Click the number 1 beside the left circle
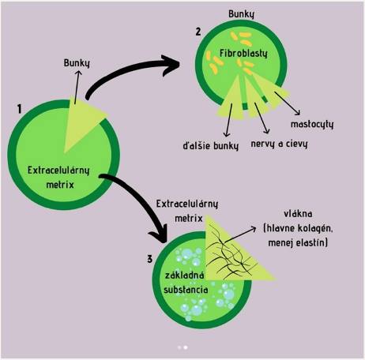pos(19,109)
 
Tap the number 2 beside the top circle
pos(198,32)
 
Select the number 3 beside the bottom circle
pos(150,259)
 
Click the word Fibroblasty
pos(243,54)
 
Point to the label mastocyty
pos(312,125)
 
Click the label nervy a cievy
pos(279,144)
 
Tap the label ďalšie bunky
pos(211,145)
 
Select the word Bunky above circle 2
pos(242,14)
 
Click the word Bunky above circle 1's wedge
pos(77,63)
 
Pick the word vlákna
pos(299,214)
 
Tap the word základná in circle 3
pos(184,276)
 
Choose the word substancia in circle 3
pos(186,290)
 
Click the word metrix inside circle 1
pos(60,185)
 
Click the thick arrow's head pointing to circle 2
pos(171,65)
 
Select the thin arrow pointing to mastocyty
pos(288,103)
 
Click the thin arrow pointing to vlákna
pos(240,234)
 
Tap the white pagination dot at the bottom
pos(186,347)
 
